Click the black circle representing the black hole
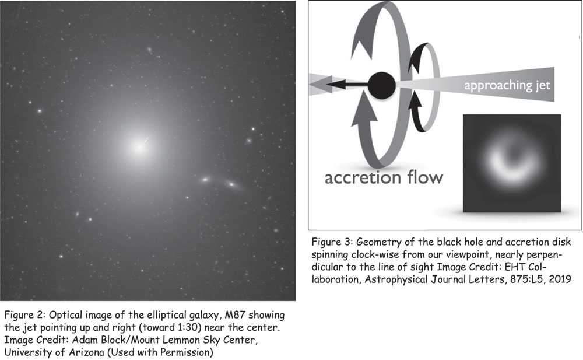coord(383,85)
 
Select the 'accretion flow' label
coord(385,177)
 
